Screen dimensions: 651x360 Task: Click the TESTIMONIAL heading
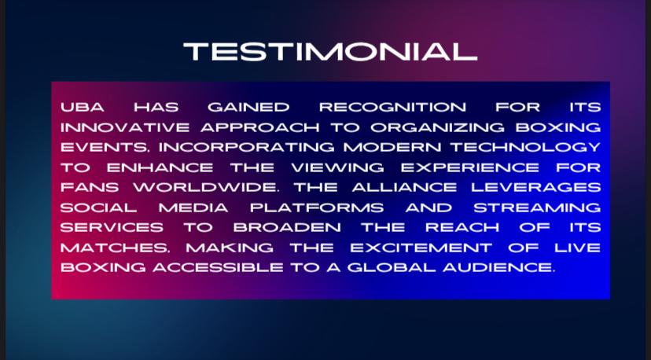(x=330, y=52)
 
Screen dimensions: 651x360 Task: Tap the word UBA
(x=83, y=107)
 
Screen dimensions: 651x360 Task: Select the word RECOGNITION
(x=392, y=107)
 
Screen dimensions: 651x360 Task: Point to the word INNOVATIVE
(x=125, y=127)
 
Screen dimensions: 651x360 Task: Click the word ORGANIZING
(x=437, y=127)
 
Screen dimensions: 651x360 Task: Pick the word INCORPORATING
(x=246, y=148)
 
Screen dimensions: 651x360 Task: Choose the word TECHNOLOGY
(x=526, y=148)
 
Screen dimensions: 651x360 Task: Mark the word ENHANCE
(x=160, y=167)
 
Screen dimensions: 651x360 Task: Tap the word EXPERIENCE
(x=469, y=167)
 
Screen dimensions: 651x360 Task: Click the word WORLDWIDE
(x=204, y=188)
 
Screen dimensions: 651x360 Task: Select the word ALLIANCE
(x=404, y=188)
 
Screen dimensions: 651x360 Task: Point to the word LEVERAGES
(x=536, y=188)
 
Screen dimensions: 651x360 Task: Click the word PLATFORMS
(x=317, y=208)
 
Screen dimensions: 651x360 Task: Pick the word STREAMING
(x=537, y=208)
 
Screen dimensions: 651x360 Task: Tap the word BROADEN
(x=287, y=228)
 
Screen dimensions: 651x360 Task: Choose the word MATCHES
(x=113, y=248)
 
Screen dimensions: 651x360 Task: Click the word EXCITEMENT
(x=421, y=248)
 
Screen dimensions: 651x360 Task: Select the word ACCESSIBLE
(x=218, y=268)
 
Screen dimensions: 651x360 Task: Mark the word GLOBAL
(x=392, y=268)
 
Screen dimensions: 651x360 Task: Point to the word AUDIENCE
(x=498, y=268)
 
